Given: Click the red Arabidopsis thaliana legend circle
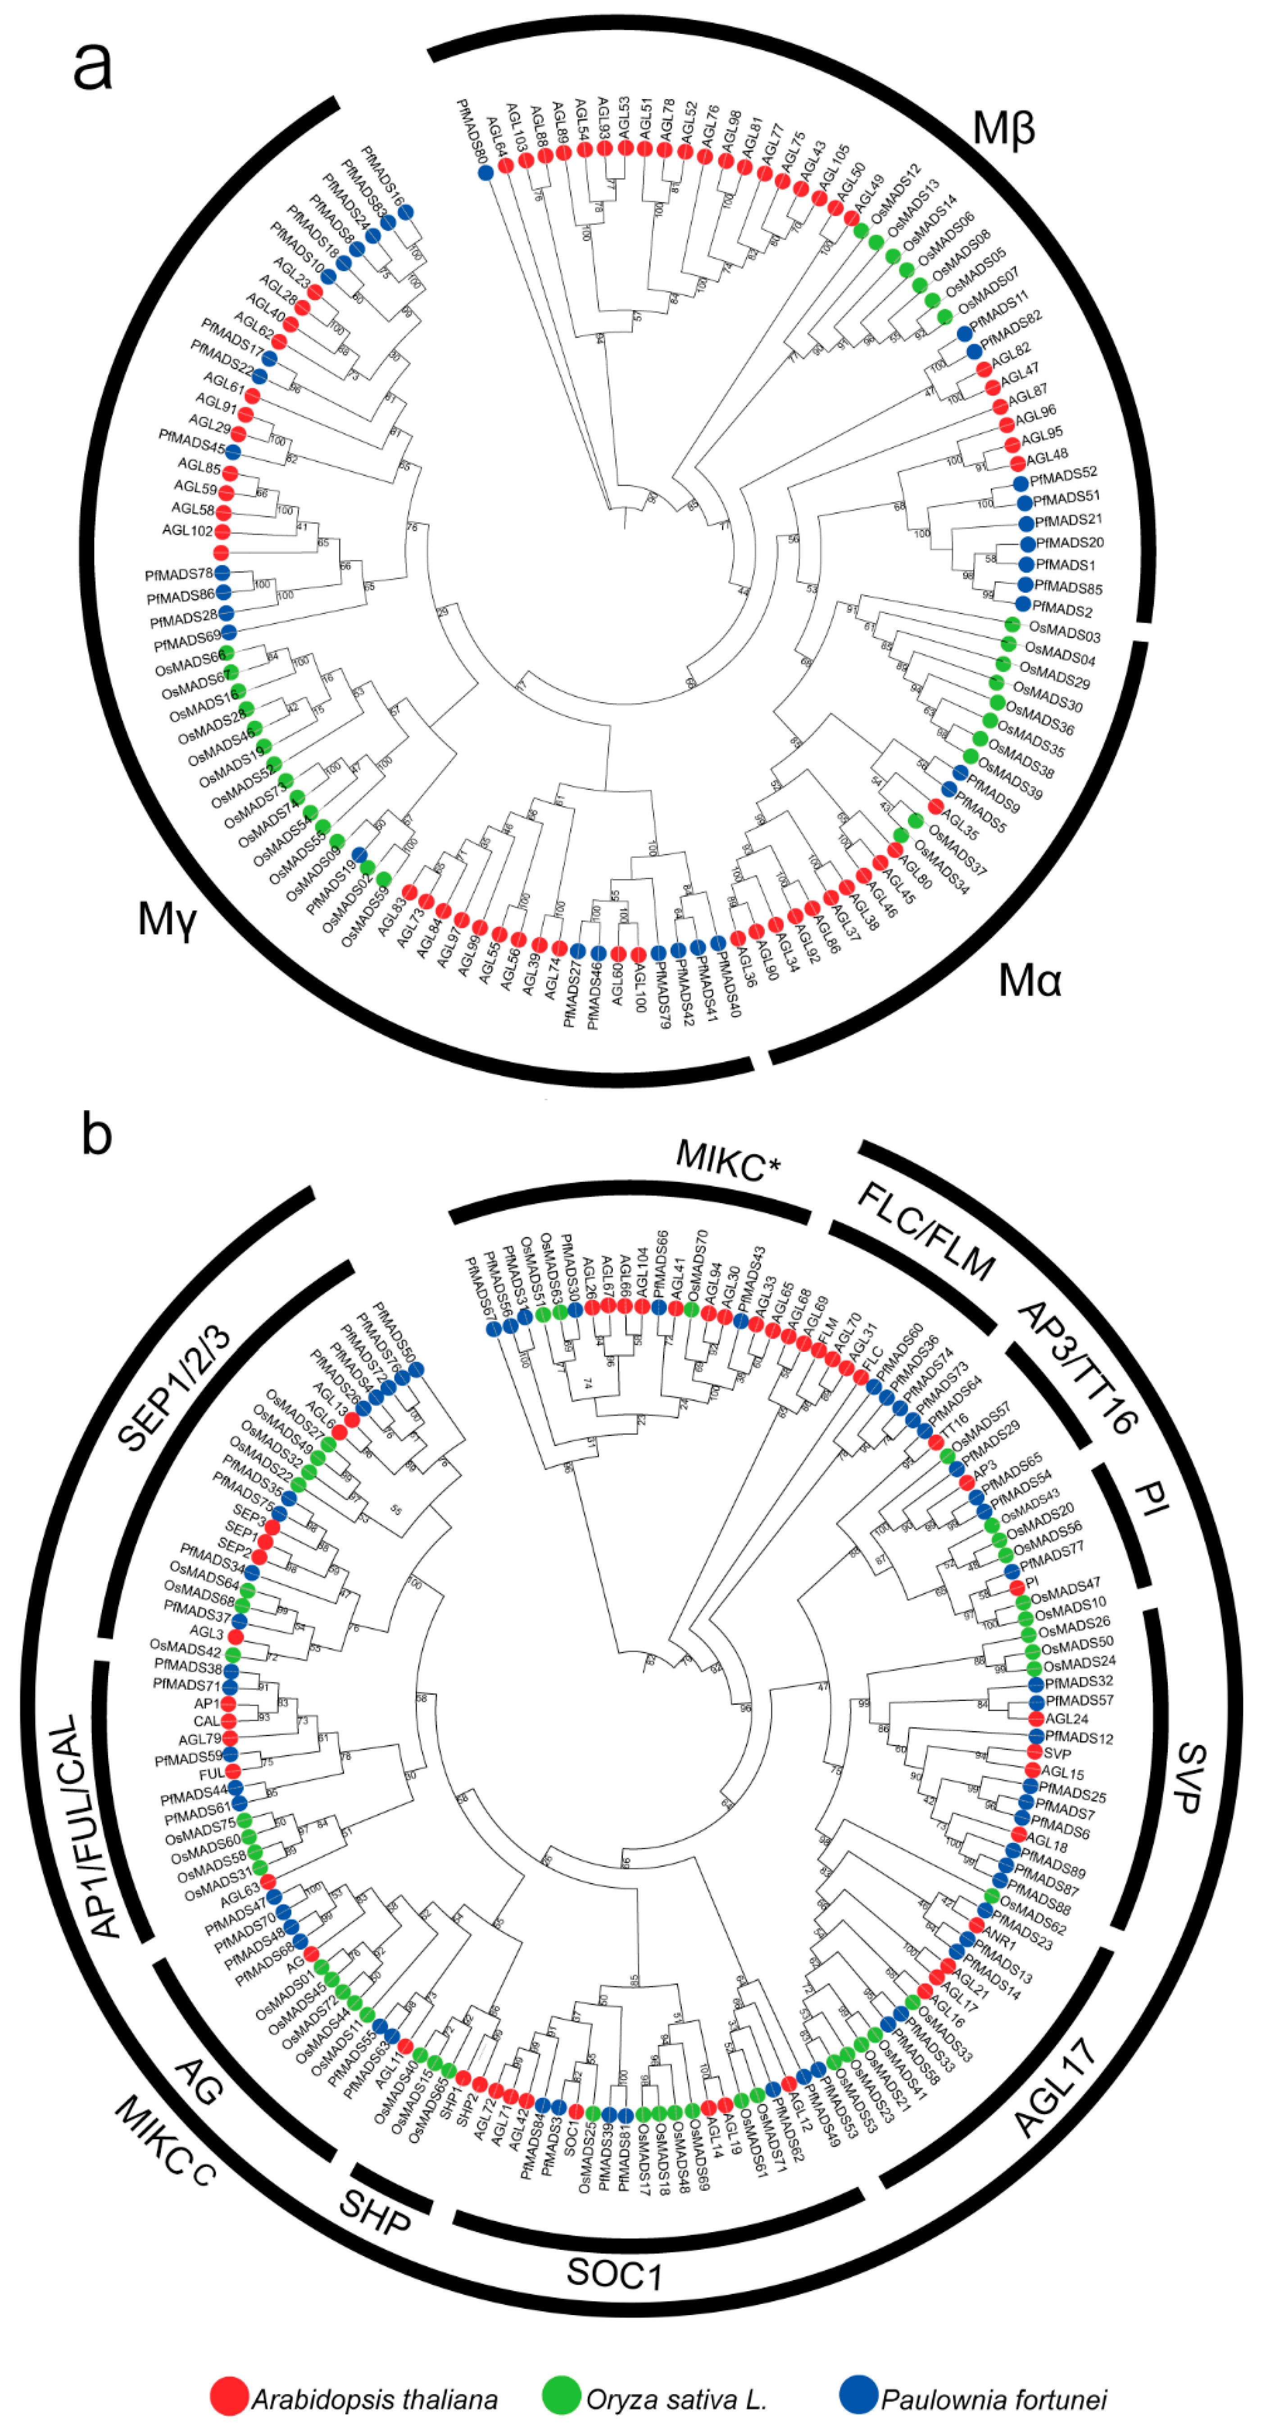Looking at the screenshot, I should (x=229, y=2397).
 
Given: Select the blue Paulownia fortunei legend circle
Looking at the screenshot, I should (x=858, y=2397).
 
